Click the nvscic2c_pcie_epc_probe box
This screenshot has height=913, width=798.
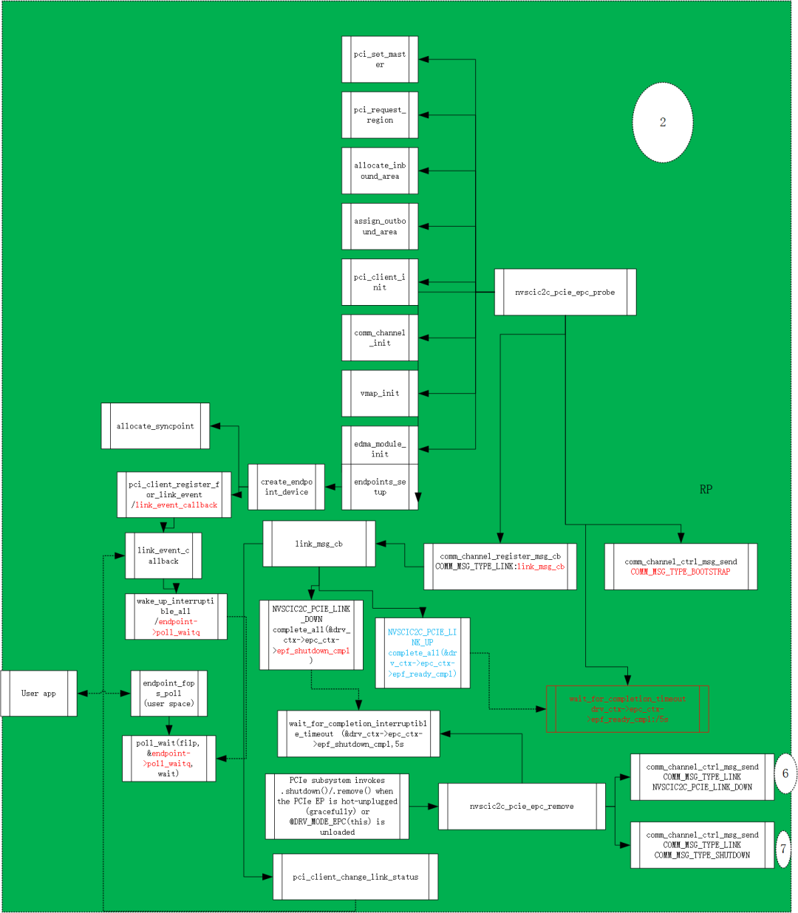point(565,293)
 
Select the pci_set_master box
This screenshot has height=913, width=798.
point(380,60)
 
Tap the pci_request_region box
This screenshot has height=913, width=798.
point(380,115)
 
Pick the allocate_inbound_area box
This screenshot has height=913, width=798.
point(380,171)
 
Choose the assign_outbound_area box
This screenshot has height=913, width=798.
point(380,227)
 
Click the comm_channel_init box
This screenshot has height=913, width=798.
point(380,338)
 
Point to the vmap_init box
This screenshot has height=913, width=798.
point(380,394)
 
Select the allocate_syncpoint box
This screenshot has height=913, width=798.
point(155,426)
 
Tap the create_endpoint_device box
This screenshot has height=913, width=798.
point(287,487)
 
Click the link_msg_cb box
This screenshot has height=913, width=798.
point(319,544)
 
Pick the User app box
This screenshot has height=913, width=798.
point(39,694)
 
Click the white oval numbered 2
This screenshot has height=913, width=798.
point(663,123)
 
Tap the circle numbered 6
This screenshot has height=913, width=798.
point(785,774)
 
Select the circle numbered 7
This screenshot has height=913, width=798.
point(784,849)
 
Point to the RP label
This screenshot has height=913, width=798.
point(706,490)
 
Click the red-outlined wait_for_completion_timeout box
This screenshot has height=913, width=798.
point(627,709)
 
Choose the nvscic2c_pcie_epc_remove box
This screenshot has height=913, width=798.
point(522,807)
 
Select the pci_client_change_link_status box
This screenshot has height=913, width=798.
point(355,878)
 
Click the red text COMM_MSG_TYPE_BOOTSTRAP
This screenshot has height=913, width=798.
point(681,572)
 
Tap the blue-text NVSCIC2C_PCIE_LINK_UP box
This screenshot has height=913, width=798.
point(423,653)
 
